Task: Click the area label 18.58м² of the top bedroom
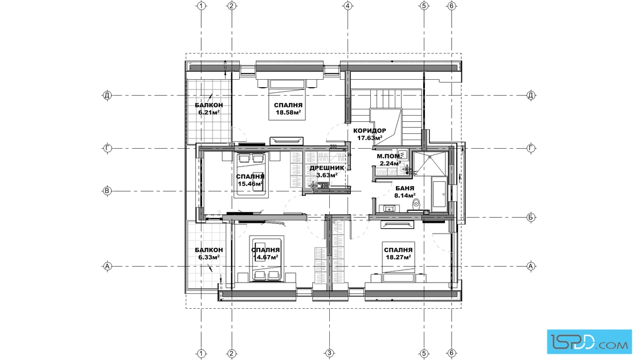click(x=288, y=113)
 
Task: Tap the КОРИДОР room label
click(x=370, y=130)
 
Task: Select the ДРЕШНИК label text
click(x=327, y=167)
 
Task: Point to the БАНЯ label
click(x=405, y=188)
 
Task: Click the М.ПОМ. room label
click(x=388, y=156)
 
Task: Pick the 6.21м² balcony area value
click(x=209, y=112)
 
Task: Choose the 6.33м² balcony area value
click(x=208, y=257)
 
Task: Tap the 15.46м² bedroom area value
click(x=250, y=183)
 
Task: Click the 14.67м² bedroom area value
click(x=265, y=257)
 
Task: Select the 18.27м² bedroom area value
click(x=398, y=257)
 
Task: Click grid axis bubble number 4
click(x=347, y=6)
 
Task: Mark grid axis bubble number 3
click(x=330, y=353)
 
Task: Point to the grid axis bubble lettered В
click(x=108, y=191)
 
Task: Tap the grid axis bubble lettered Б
click(x=531, y=217)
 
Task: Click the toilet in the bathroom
click(x=415, y=205)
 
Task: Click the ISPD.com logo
click(x=589, y=341)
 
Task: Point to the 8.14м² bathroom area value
click(x=404, y=195)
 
